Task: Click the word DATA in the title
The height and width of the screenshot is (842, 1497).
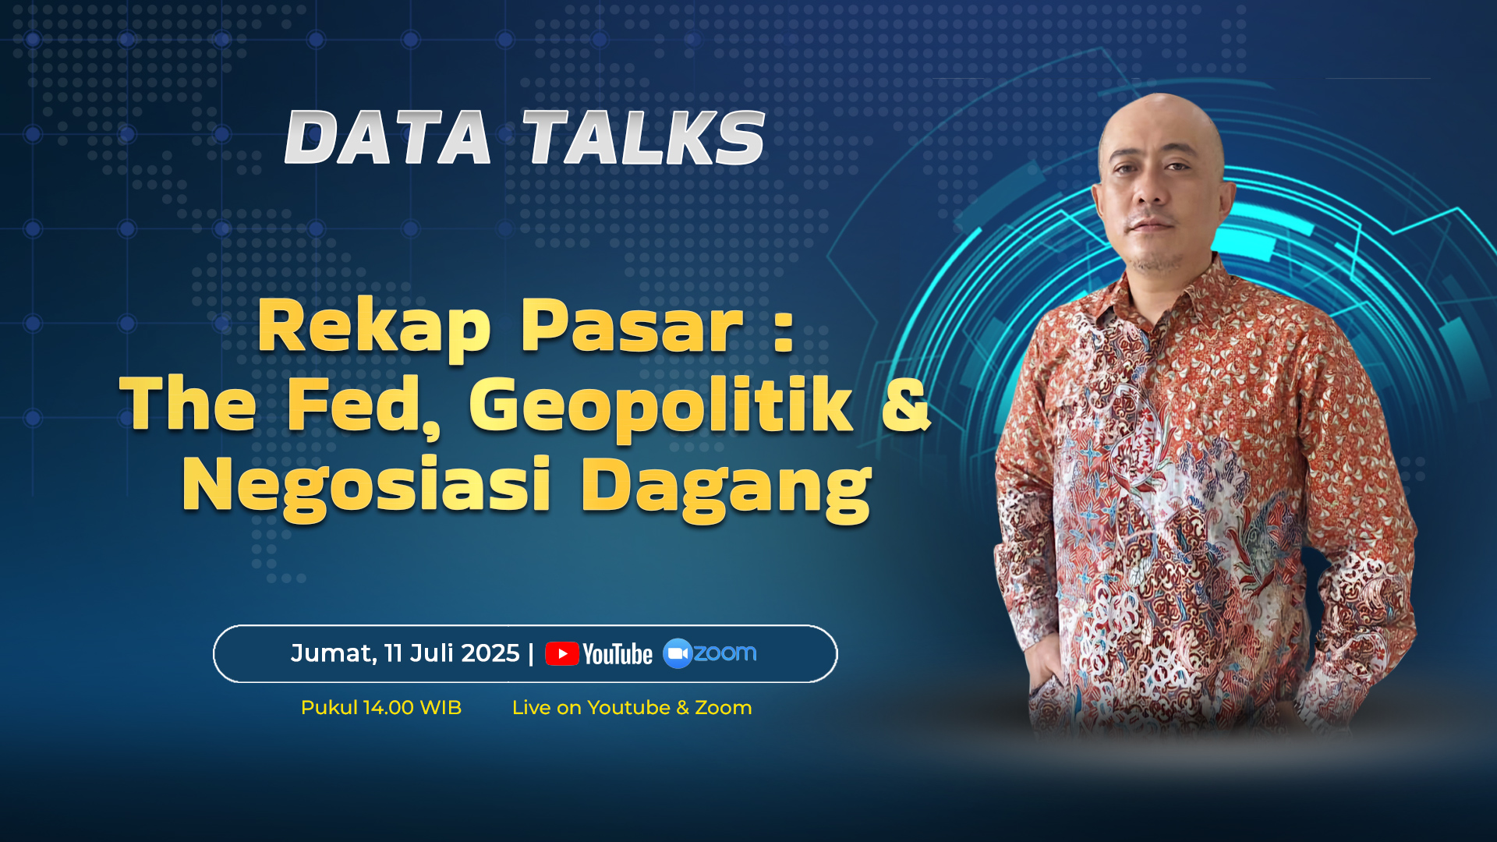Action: pos(388,137)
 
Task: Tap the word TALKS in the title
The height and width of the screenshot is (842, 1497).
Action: pos(644,137)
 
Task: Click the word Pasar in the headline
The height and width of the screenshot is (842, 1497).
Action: pos(632,326)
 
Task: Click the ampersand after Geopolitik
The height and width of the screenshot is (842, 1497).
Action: pos(906,404)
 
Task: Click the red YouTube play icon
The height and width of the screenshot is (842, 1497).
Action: pos(562,653)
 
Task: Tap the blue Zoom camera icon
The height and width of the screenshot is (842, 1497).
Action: pos(678,653)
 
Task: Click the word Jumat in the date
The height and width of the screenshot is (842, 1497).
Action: pos(334,653)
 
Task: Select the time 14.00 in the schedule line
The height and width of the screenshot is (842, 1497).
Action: pos(388,708)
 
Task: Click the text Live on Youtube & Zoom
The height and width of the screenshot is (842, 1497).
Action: pos(632,708)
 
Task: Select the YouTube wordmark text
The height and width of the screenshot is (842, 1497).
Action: pos(618,654)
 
